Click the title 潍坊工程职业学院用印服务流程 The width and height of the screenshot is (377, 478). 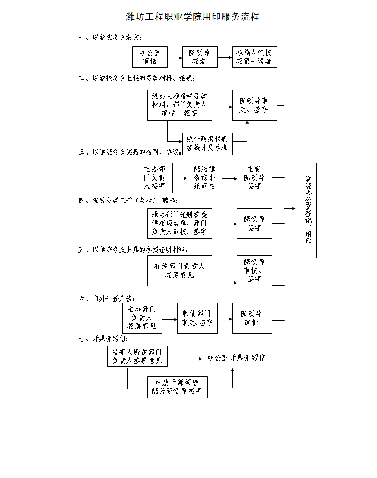[192, 16]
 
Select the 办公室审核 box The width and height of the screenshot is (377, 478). [150, 57]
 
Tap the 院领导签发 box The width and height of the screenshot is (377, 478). [200, 57]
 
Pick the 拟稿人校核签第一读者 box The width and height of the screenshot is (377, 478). [254, 57]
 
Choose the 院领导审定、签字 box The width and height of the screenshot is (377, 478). [254, 105]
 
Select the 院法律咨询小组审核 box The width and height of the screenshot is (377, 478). [204, 177]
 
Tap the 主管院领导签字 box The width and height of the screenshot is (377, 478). [254, 177]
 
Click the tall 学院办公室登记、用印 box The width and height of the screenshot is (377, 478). [306, 210]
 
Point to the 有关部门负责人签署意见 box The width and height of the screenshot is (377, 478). [179, 270]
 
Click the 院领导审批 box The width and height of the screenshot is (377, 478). [252, 318]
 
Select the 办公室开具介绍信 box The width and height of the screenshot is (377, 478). [236, 357]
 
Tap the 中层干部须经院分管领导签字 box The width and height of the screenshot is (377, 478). [177, 387]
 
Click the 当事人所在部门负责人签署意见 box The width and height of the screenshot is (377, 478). [137, 356]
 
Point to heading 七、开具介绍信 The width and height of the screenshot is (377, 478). [103, 338]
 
